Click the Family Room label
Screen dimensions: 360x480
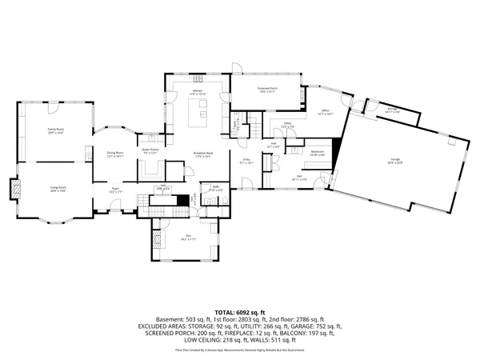click(55, 130)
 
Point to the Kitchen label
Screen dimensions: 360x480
click(200, 93)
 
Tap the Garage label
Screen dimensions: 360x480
click(395, 160)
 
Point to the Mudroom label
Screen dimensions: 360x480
click(317, 151)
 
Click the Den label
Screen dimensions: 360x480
click(187, 236)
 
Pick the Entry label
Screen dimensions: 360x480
click(248, 160)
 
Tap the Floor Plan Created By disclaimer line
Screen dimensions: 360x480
click(240, 350)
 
